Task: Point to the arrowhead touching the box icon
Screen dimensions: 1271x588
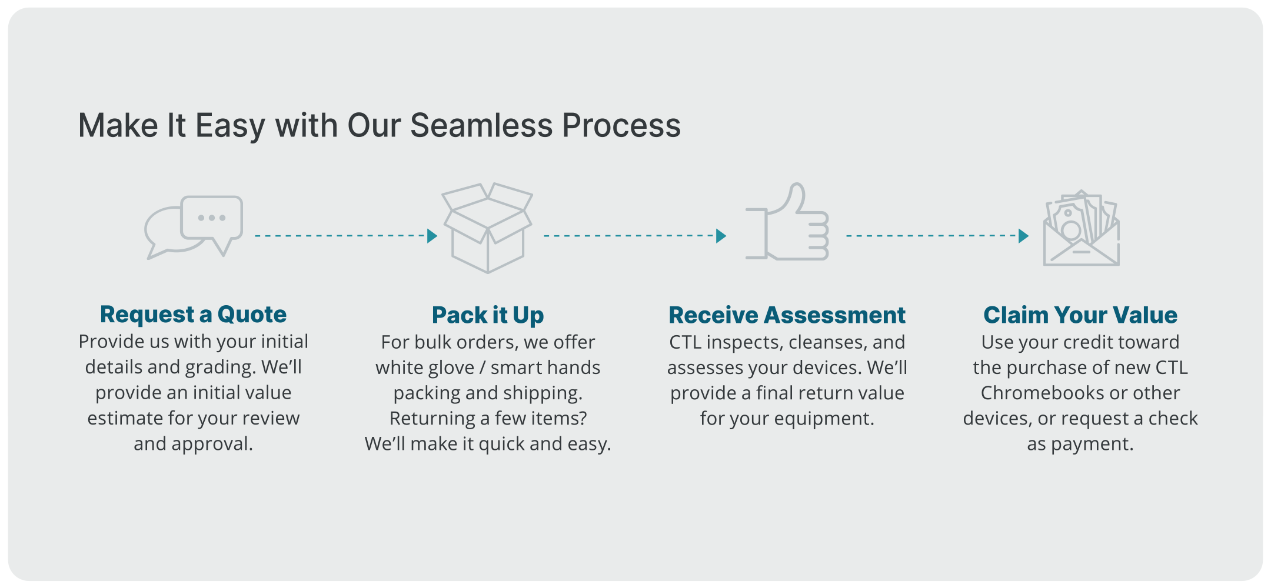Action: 432,236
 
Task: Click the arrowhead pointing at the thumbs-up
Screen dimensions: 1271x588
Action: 721,236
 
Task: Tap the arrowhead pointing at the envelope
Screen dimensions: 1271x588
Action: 1024,236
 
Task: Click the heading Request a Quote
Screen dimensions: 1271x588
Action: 193,315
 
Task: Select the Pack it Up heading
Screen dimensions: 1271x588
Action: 488,315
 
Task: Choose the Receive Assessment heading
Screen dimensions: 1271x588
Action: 787,315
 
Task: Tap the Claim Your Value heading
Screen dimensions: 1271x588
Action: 1080,315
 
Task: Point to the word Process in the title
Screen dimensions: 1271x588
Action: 621,125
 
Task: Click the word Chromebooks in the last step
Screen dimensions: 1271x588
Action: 1040,393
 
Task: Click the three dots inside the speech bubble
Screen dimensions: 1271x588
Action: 212,218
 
